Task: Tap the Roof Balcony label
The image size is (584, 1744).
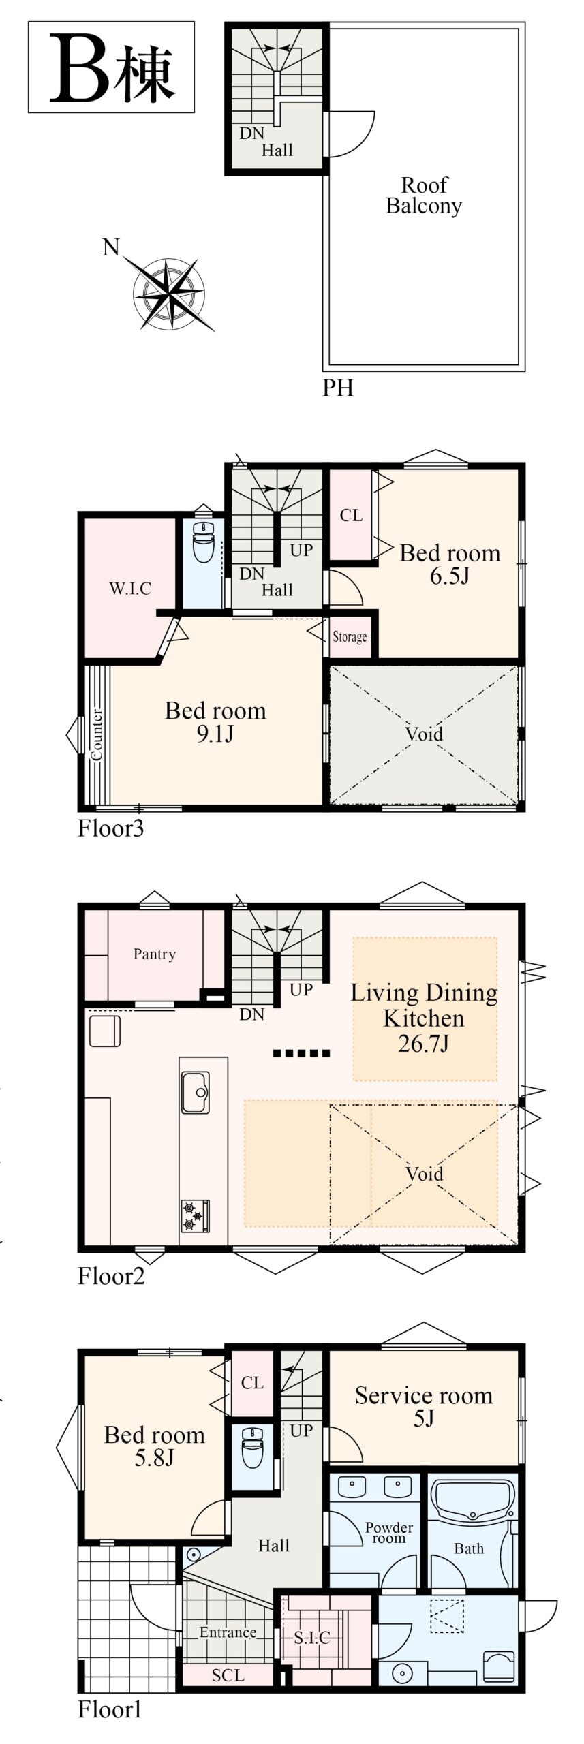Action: click(x=424, y=195)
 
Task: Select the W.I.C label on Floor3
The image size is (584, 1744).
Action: click(x=130, y=589)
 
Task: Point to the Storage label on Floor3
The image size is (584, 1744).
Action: click(x=350, y=637)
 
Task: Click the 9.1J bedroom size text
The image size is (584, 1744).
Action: click(x=215, y=734)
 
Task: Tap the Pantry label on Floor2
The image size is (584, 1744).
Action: click(x=155, y=954)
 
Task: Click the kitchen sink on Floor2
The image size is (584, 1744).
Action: click(x=196, y=1093)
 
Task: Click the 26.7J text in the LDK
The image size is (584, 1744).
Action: click(x=424, y=1043)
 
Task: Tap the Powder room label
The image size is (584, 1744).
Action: click(x=389, y=1533)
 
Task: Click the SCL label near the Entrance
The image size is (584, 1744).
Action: click(x=228, y=1675)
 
